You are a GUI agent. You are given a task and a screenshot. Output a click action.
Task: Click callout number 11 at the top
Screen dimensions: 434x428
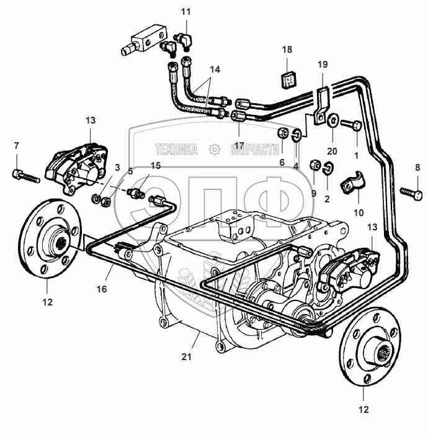pos(187,12)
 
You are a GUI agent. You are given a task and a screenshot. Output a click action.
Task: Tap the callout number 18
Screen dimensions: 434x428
pos(287,49)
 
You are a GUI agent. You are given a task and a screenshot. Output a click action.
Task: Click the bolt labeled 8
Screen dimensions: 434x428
pos(411,194)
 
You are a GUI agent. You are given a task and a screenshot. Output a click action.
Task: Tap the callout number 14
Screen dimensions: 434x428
pos(215,71)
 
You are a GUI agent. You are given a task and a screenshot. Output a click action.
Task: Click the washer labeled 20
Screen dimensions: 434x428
pos(333,120)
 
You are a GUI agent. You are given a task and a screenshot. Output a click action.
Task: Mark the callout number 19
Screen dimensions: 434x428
pos(321,65)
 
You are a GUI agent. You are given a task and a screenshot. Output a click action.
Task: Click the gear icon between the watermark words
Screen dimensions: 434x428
pos(214,149)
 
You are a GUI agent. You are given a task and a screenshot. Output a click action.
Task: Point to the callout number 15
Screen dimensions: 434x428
pos(156,165)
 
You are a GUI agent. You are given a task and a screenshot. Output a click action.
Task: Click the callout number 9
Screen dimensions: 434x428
pos(314,193)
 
